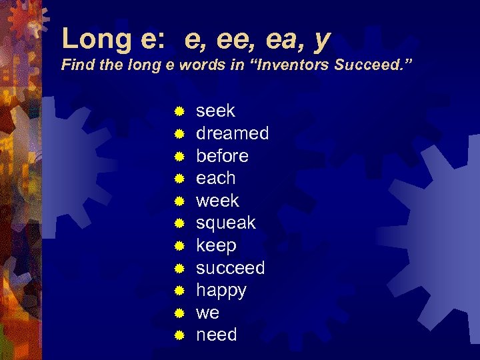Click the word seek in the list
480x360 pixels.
point(215,111)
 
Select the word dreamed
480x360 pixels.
point(232,133)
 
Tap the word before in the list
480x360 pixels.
point(222,156)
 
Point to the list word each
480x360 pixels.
point(215,178)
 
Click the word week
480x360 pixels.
point(217,201)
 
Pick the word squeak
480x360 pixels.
point(225,223)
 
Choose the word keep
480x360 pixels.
point(216,246)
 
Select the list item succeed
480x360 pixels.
point(230,268)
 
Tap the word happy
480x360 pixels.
point(221,291)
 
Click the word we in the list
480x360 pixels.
point(207,313)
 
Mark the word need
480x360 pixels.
point(216,335)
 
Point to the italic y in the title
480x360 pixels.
point(321,41)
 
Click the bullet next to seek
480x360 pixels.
point(179,111)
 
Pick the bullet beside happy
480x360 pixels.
point(179,291)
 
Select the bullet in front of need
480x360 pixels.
point(179,335)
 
